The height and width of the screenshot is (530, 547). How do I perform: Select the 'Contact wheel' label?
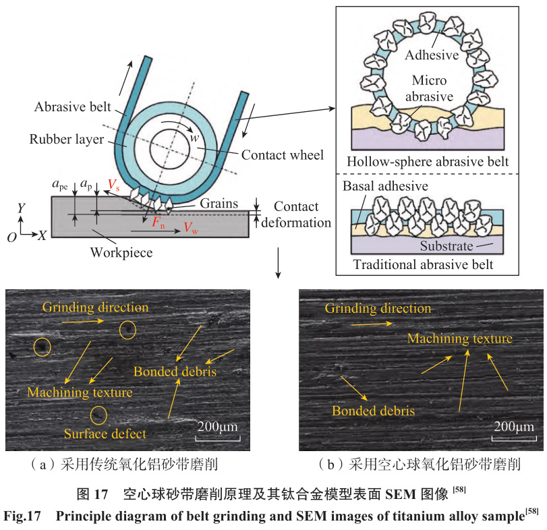point(283,155)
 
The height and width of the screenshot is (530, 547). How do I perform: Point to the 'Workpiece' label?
point(121,253)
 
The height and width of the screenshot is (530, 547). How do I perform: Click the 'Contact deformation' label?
point(303,214)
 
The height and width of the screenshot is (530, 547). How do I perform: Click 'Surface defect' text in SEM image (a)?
point(105,434)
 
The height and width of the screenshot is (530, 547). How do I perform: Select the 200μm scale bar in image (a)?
point(218,437)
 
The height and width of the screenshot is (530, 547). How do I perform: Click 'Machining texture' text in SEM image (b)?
point(460,338)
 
